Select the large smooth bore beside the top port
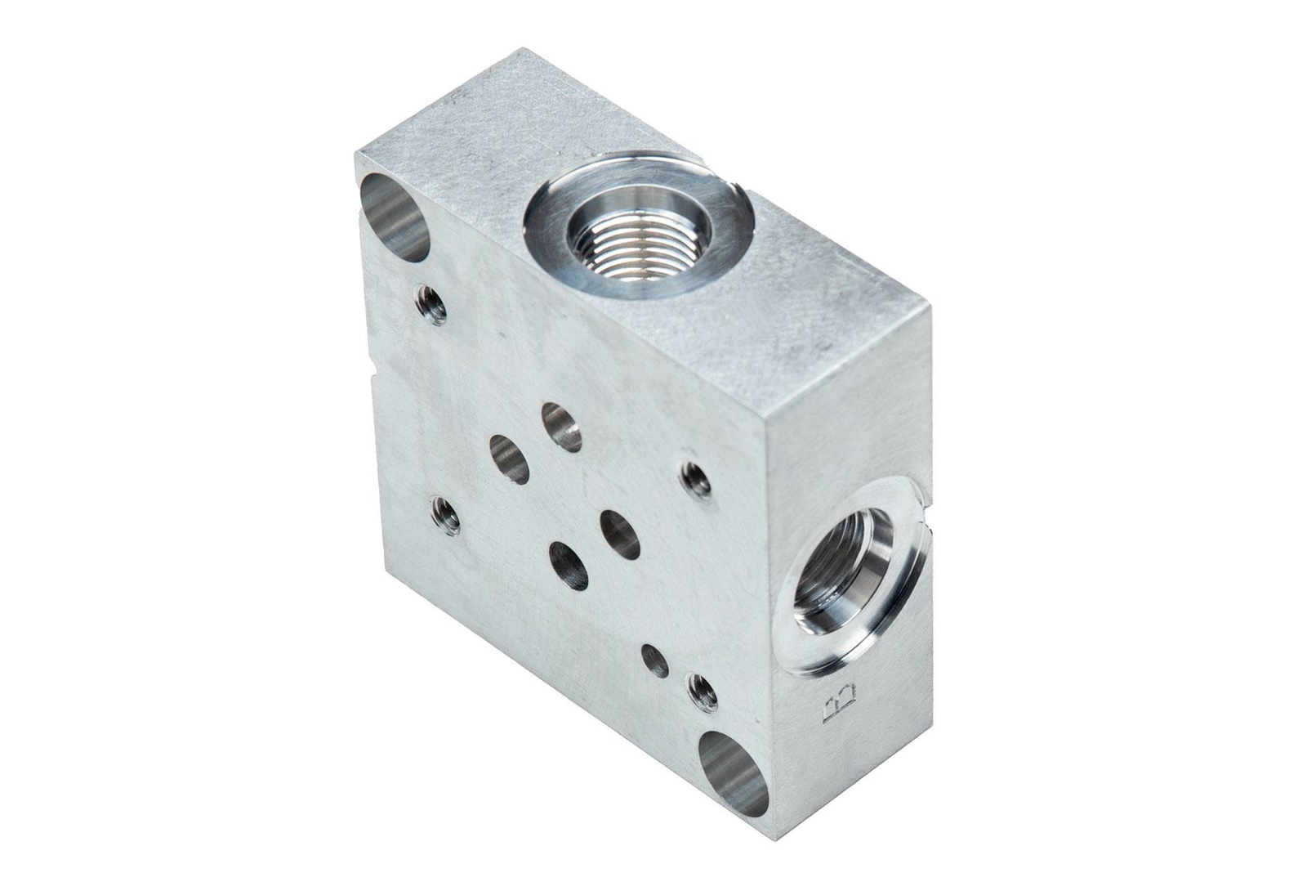395,217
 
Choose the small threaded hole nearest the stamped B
703,693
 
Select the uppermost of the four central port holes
561,427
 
